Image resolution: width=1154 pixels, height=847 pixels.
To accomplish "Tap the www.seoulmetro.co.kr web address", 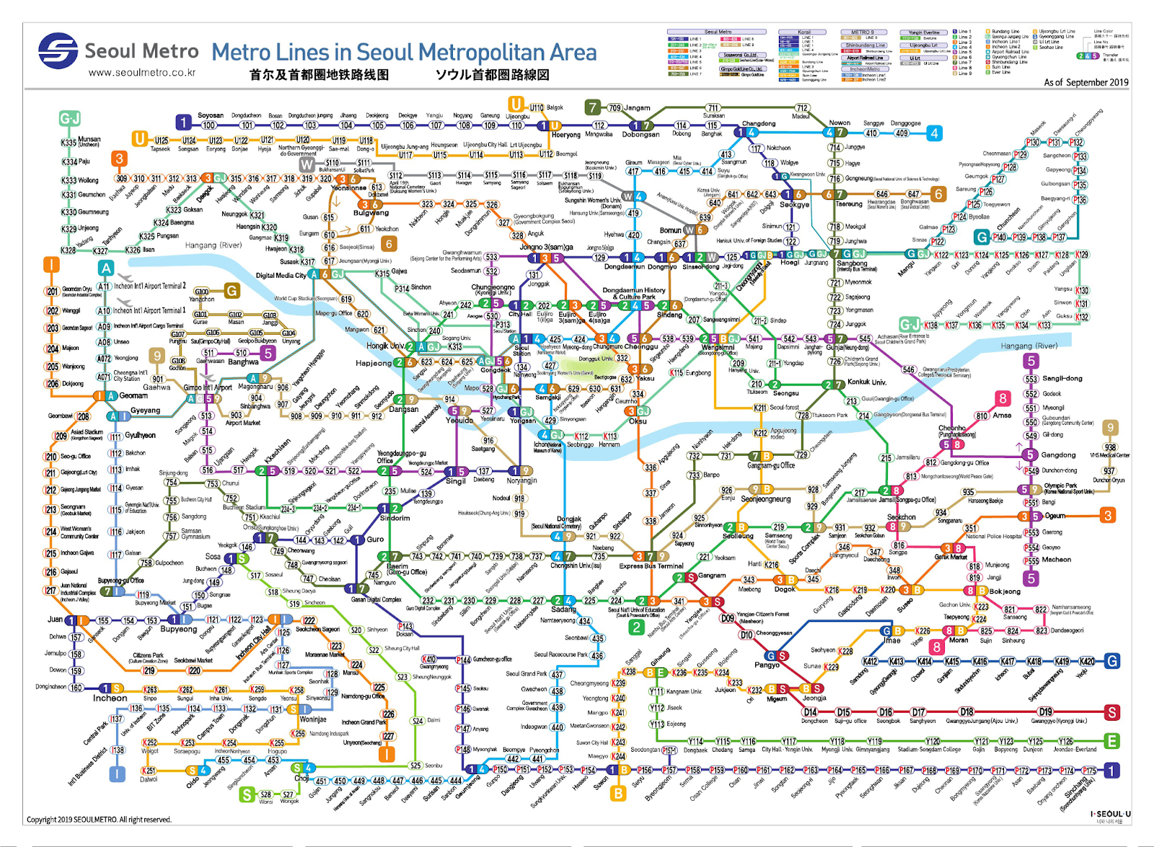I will [x=142, y=72].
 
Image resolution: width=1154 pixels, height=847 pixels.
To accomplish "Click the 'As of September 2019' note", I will [x=1085, y=82].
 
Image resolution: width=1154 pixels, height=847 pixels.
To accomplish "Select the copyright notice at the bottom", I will [x=99, y=819].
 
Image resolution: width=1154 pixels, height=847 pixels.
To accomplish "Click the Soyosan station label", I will [x=211, y=115].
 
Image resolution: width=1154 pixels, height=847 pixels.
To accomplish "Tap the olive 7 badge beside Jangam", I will [x=593, y=107].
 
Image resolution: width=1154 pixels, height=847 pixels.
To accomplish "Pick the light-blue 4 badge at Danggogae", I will [x=934, y=133].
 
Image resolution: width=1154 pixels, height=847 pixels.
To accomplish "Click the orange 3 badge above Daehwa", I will [x=120, y=159].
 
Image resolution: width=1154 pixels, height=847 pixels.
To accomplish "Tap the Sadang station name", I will [x=563, y=610].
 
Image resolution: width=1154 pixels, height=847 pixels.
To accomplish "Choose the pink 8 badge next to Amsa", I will [x=1003, y=398].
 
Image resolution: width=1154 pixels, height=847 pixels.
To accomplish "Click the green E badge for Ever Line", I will [x=1112, y=741].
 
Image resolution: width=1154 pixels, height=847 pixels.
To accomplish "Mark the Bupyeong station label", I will [x=178, y=629].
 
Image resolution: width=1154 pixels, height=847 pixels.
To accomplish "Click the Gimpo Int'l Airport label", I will [x=208, y=387].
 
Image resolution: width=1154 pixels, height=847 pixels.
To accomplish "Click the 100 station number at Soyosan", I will [x=208, y=126].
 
